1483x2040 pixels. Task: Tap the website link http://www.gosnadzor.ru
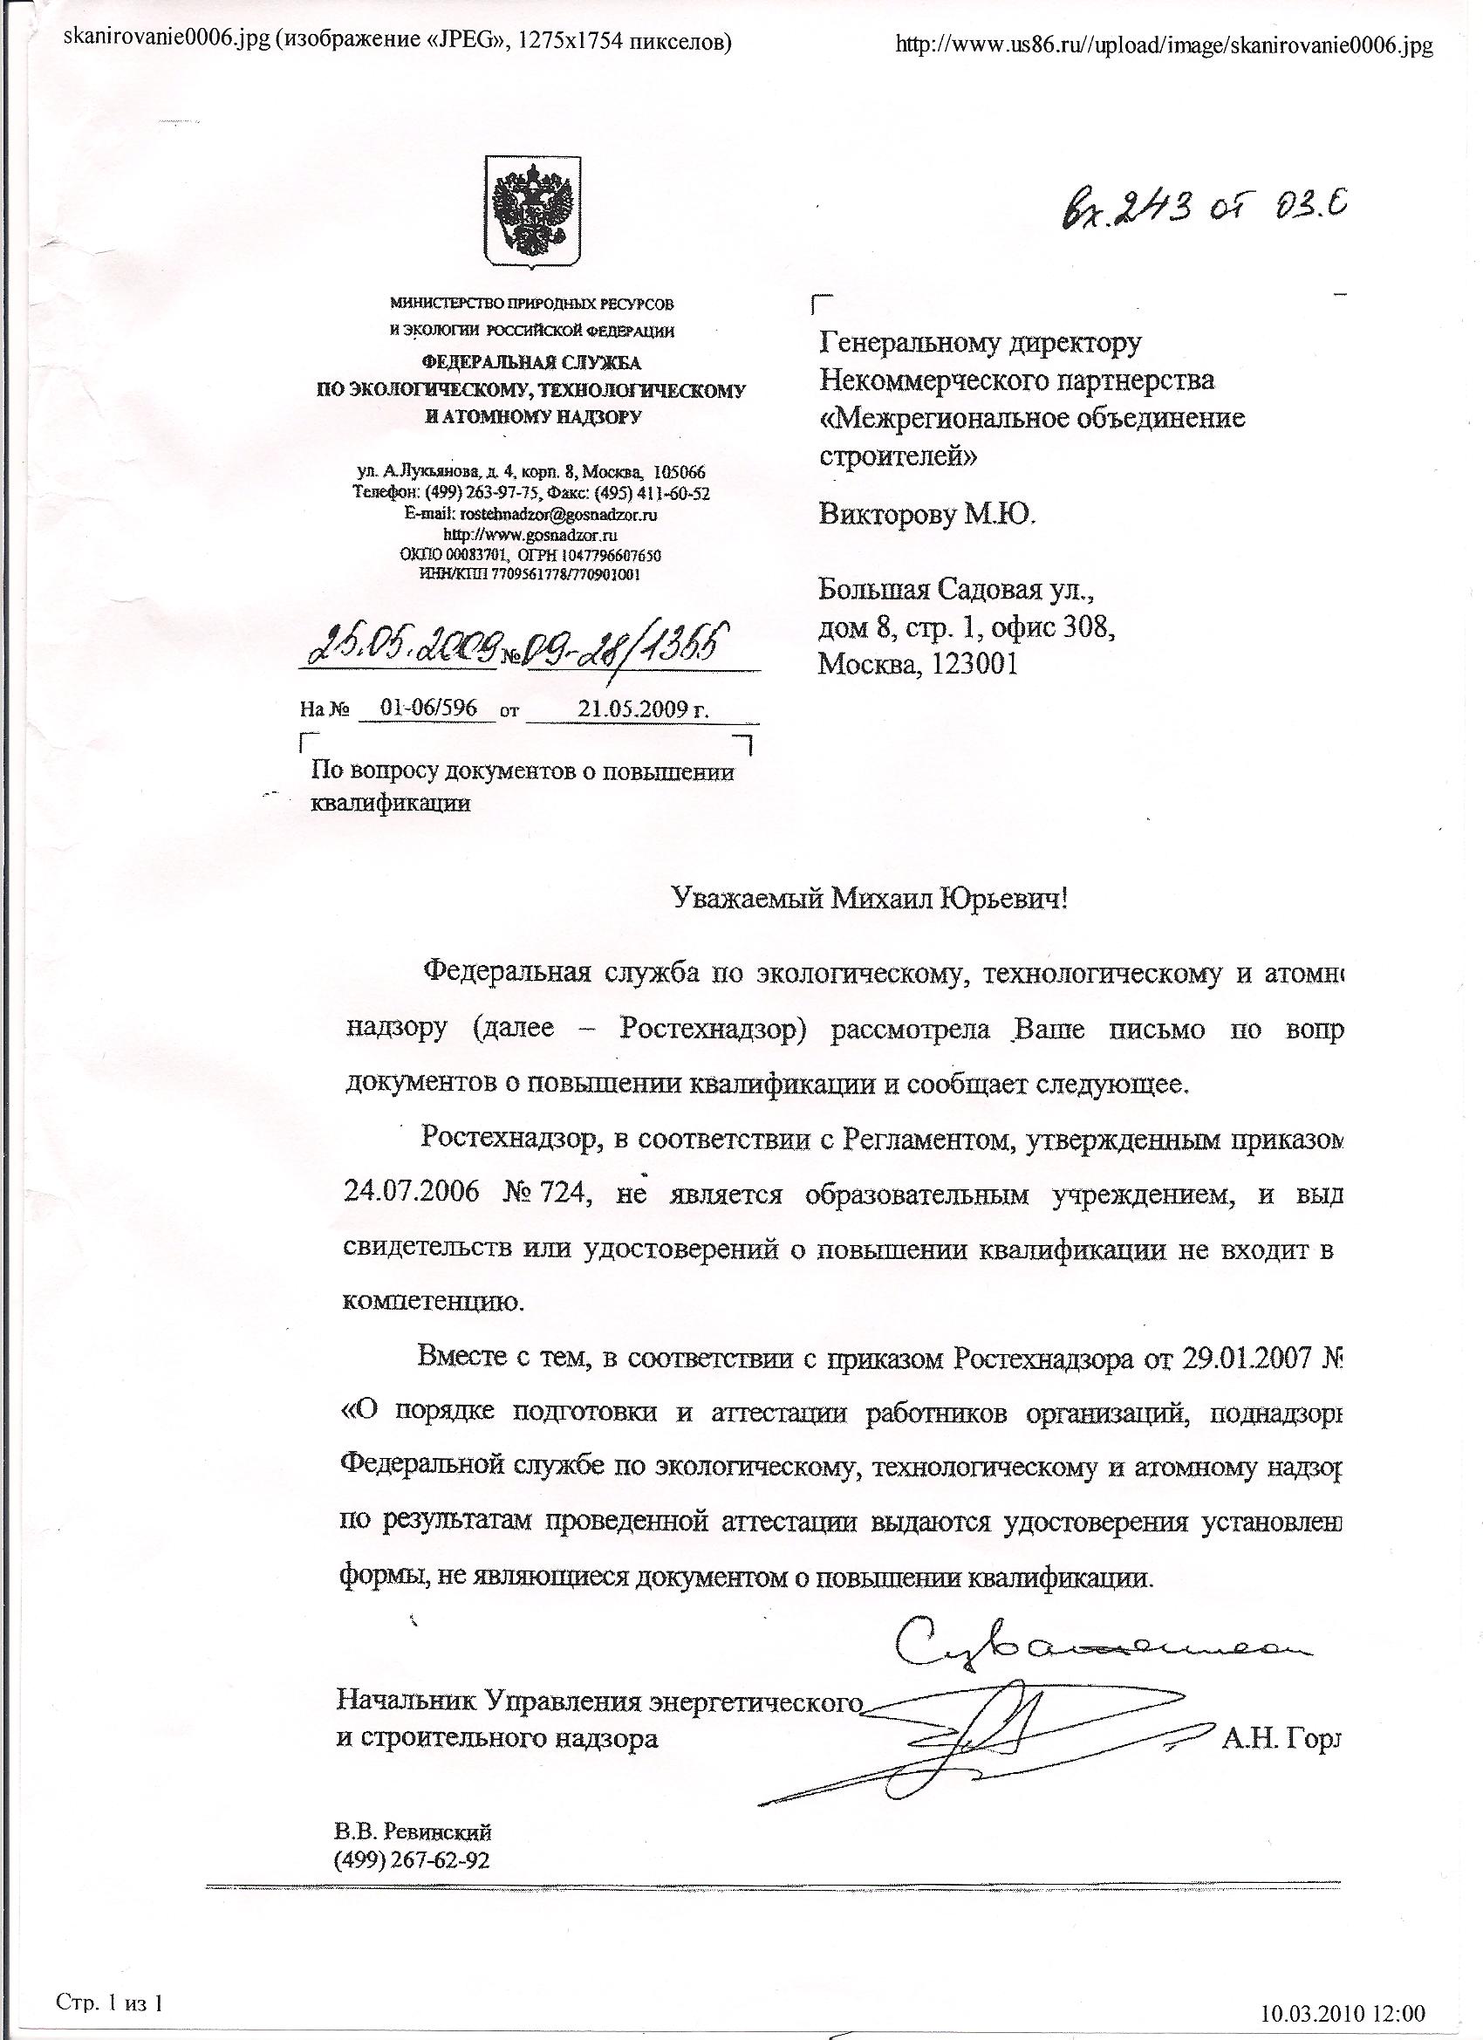pos(531,535)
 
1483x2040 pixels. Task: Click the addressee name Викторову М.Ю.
pos(927,514)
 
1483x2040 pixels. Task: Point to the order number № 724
pos(543,1195)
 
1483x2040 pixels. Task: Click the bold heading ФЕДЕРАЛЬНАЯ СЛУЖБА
pos(531,362)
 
